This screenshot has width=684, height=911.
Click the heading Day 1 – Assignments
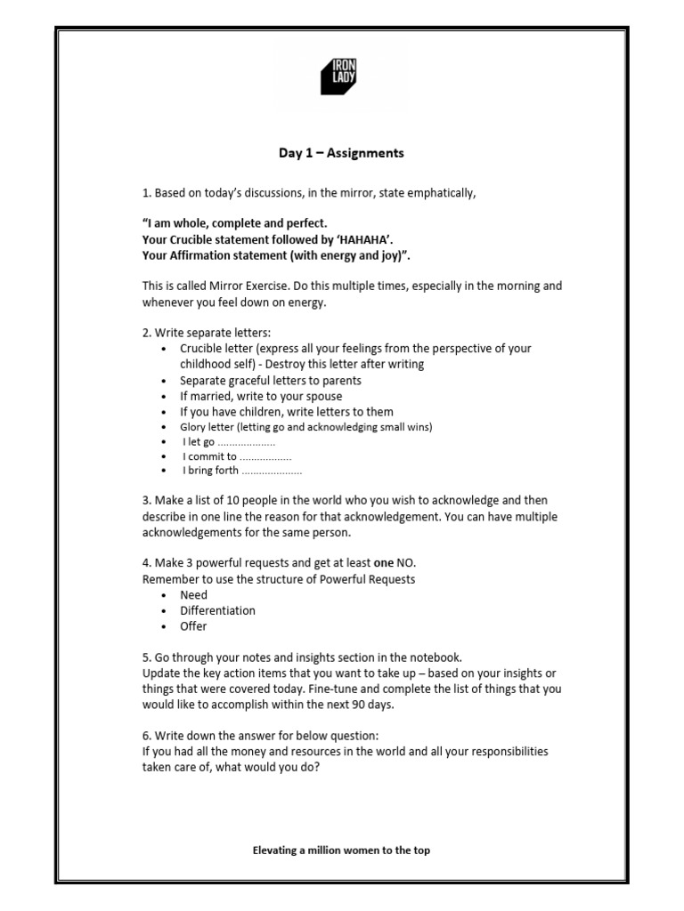click(341, 153)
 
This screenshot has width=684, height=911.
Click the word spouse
click(322, 396)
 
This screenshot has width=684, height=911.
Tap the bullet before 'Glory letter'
click(165, 427)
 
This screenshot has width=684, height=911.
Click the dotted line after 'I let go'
click(247, 442)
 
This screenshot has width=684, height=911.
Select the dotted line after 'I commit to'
click(266, 457)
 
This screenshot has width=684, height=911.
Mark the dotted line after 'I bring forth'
click(272, 472)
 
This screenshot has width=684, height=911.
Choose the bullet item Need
click(193, 594)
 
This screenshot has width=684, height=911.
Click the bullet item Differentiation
click(217, 610)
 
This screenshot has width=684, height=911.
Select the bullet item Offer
click(193, 626)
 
